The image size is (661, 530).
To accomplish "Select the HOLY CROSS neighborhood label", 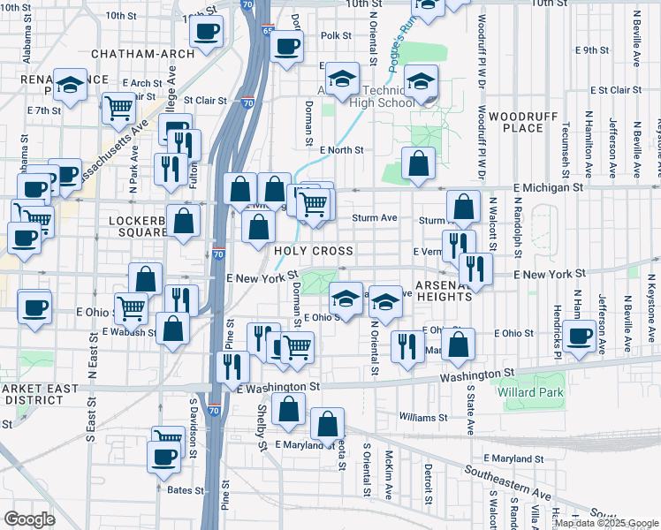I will (314, 252).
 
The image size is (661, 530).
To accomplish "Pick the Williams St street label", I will (423, 417).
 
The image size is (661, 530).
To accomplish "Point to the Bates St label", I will (186, 488).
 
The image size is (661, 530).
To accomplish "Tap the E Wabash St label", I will (128, 333).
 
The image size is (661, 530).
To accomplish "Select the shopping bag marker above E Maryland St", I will (327, 424).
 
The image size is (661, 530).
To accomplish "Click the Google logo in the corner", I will (29, 519).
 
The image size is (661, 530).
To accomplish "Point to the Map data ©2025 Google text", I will (605, 523).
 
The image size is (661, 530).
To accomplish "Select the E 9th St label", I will (592, 50).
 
